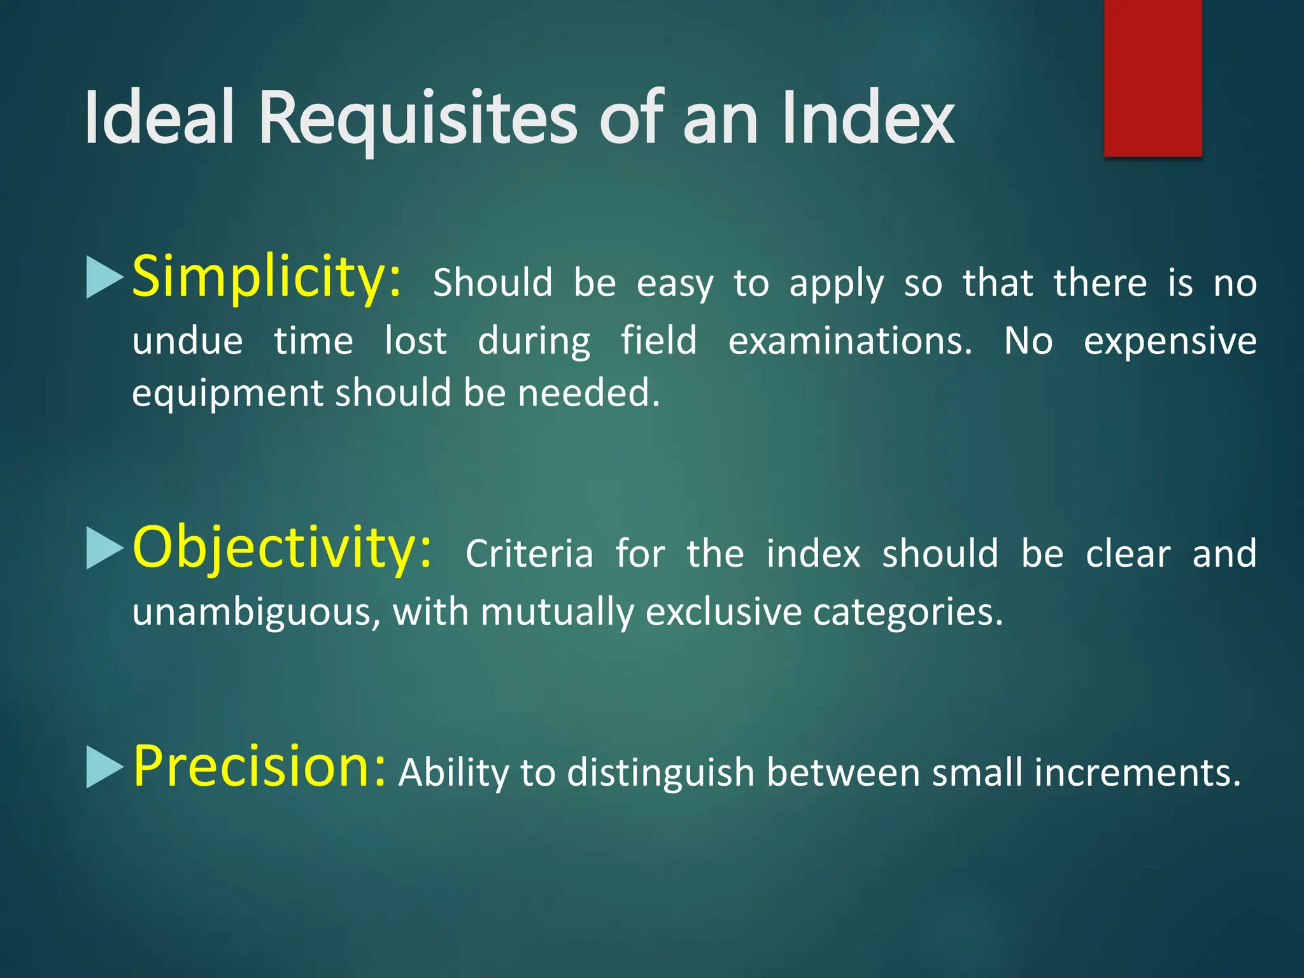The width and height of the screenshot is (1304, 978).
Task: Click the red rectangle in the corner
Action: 1152,78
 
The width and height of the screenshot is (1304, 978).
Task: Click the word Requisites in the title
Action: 418,119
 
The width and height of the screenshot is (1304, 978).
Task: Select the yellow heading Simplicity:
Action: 267,277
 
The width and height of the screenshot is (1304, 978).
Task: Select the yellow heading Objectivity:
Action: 282,548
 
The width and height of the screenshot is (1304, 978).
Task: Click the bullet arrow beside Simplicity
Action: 104,278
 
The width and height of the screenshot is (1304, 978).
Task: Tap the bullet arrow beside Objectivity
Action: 104,548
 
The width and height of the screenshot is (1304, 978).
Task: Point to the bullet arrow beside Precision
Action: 104,767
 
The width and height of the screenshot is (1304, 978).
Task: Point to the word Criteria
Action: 529,553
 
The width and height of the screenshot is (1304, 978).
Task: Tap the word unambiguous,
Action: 257,613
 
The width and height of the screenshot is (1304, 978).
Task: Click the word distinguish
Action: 660,773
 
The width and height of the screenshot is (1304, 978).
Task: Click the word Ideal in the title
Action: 159,119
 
